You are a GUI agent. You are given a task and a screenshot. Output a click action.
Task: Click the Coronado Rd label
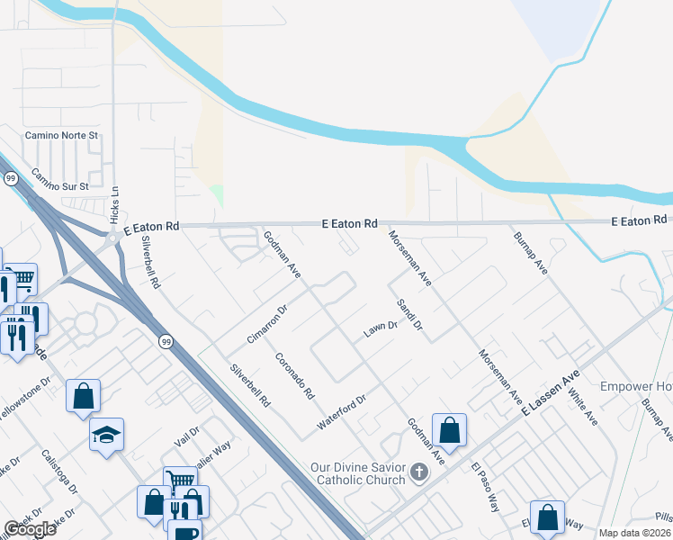click(294, 375)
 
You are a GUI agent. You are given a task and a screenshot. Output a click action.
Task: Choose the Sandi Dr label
click(408, 314)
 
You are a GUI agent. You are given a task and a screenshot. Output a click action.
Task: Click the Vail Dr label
click(187, 436)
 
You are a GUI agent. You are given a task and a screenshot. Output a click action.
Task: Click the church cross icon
click(418, 472)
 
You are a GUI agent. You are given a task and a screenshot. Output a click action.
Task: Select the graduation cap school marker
click(107, 436)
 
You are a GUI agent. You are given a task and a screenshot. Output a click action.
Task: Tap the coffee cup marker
click(186, 531)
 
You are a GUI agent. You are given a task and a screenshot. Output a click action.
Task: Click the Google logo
click(30, 529)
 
